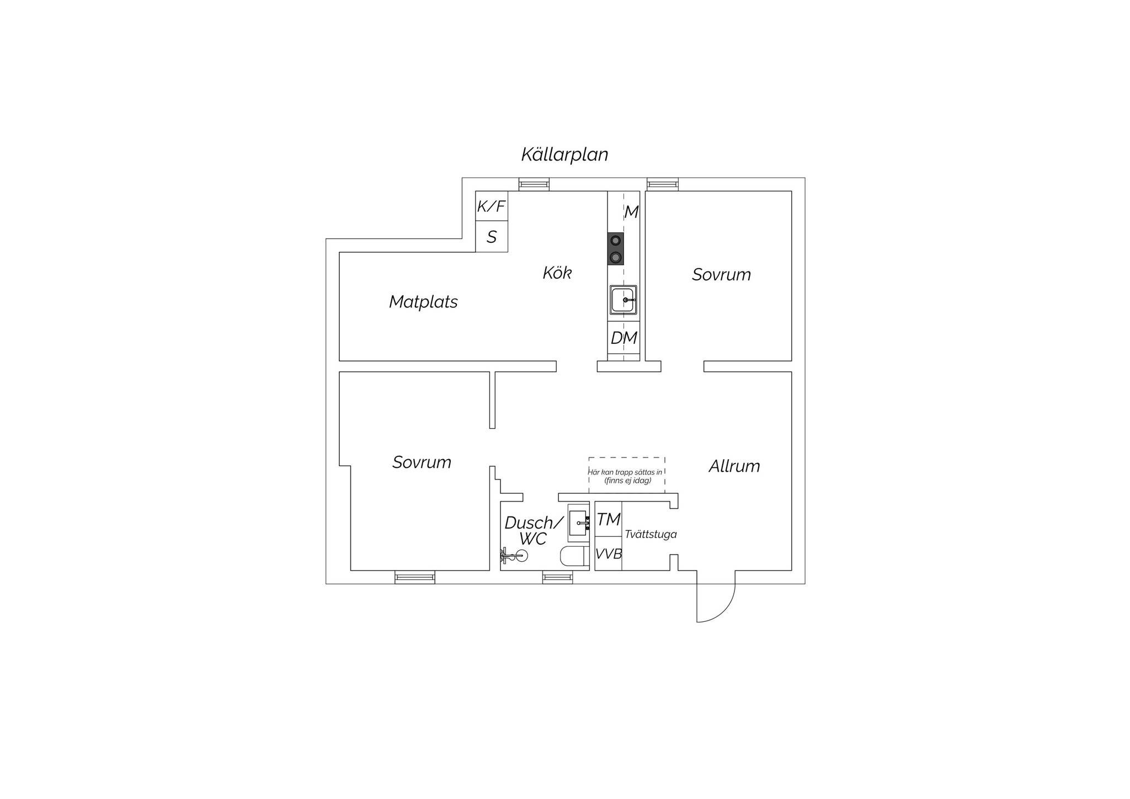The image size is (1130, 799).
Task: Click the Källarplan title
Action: tap(564, 155)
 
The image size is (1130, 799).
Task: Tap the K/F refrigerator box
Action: tap(492, 206)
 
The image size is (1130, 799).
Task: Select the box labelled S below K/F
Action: tap(492, 237)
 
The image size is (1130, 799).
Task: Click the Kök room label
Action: tap(557, 273)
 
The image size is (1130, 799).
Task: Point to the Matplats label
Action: tap(423, 302)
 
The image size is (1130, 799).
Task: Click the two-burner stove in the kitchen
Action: tap(616, 249)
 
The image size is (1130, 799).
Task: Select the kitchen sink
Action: tap(623, 300)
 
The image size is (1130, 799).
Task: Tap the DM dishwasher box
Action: tap(624, 338)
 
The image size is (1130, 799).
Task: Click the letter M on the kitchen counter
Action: tap(631, 212)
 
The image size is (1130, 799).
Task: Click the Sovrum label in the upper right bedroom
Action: tap(722, 275)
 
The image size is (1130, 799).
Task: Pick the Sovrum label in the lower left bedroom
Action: tap(422, 462)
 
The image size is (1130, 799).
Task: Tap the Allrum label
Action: tap(734, 466)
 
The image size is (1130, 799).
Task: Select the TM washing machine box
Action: tap(609, 519)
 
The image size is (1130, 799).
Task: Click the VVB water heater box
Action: tap(609, 553)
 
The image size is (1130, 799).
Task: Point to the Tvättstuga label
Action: tap(651, 534)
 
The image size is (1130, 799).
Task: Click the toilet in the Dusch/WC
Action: tap(574, 557)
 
